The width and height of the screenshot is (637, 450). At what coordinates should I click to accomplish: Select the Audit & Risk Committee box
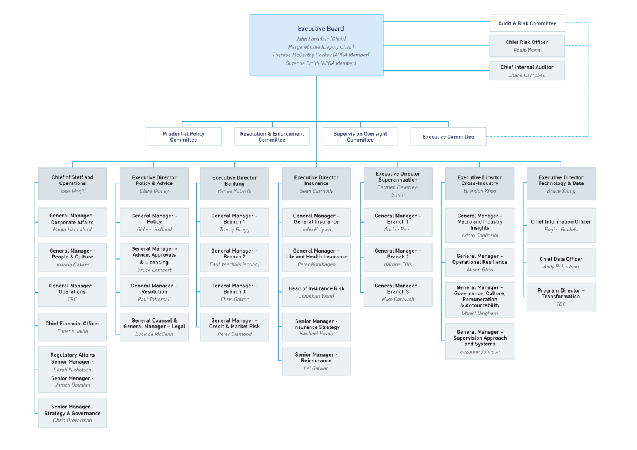[x=527, y=23]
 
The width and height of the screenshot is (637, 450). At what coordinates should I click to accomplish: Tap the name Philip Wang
[x=527, y=51]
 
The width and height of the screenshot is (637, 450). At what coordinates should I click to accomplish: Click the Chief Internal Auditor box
[x=527, y=71]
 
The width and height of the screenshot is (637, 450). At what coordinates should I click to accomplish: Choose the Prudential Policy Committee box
[x=183, y=136]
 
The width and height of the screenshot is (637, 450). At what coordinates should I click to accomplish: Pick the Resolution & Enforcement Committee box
[x=272, y=136]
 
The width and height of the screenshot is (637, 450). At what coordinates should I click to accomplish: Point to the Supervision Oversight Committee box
[x=360, y=136]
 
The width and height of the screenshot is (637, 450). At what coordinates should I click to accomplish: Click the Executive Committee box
[x=448, y=136]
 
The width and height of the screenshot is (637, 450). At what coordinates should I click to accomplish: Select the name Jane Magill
[x=72, y=191]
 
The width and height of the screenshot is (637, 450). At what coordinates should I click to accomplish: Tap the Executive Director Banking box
[x=234, y=184]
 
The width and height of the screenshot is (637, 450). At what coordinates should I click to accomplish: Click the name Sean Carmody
[x=316, y=191]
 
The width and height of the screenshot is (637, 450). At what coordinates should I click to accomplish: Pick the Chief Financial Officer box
[x=72, y=327]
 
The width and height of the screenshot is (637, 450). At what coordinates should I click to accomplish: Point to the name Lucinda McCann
[x=154, y=334]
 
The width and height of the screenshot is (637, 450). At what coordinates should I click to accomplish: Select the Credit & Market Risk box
[x=234, y=327]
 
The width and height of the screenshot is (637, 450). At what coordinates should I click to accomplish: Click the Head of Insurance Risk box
[x=316, y=292]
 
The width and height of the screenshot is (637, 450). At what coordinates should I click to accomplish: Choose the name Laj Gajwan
[x=316, y=368]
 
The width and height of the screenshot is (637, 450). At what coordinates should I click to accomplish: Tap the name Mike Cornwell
[x=398, y=299]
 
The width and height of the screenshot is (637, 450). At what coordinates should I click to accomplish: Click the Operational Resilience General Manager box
[x=480, y=263]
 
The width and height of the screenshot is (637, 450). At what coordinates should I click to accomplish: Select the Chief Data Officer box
[x=561, y=263]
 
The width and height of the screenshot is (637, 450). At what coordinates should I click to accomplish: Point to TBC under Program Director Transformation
[x=561, y=304]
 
